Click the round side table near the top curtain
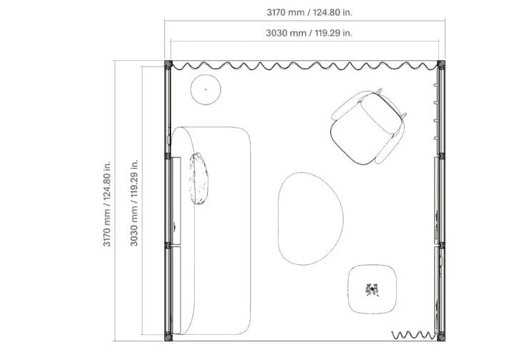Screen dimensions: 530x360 (x=206, y=89)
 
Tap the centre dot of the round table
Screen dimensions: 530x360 (x=206, y=89)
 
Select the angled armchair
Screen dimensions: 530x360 (x=368, y=127)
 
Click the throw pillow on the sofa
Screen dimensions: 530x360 (x=198, y=178)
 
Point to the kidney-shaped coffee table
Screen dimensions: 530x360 (x=310, y=218)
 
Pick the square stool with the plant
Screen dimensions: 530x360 (x=372, y=289)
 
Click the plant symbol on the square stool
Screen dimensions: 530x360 (x=372, y=290)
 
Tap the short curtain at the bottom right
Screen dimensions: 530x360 (x=413, y=335)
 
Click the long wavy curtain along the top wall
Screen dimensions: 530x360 (x=304, y=66)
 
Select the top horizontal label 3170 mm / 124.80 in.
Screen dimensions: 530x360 (x=309, y=12)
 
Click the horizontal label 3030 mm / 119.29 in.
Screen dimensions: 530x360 (x=309, y=33)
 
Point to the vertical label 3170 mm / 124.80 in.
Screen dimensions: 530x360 (x=107, y=204)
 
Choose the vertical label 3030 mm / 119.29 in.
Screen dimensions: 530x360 (x=134, y=203)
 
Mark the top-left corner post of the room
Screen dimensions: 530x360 (x=168, y=64)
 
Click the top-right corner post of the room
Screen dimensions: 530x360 (x=440, y=64)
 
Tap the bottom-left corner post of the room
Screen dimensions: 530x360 (x=168, y=337)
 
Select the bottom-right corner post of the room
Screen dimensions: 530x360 (x=440, y=337)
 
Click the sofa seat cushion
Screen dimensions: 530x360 (x=223, y=231)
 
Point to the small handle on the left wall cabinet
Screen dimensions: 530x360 (x=175, y=227)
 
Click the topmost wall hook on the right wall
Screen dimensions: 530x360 (x=436, y=85)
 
